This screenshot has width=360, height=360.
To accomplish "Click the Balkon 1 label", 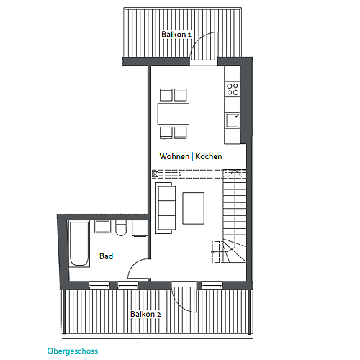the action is pos(176,35).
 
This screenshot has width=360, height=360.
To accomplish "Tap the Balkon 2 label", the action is pos(145,314).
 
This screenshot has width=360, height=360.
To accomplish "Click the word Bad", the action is pos(106,256).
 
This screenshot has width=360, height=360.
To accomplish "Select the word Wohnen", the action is pos(174,156).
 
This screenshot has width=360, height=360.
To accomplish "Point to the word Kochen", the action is pos(209,156).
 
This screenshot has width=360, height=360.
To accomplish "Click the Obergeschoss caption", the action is pos(73,351).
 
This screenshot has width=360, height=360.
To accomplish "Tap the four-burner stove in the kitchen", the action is pos(233,89).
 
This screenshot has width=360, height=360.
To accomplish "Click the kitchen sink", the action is pos(233,121).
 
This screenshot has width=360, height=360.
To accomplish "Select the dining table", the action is pos(174,114).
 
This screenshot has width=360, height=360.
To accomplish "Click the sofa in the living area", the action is pos(166,208).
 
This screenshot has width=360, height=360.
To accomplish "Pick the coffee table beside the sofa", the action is pos(194,208).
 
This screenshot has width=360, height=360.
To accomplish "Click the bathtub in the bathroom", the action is pos(79,244).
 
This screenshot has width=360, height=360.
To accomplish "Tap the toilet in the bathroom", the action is pos(121,228).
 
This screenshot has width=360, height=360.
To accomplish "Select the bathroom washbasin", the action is pos(103,227).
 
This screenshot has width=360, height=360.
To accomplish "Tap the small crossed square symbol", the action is pos(155,174).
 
